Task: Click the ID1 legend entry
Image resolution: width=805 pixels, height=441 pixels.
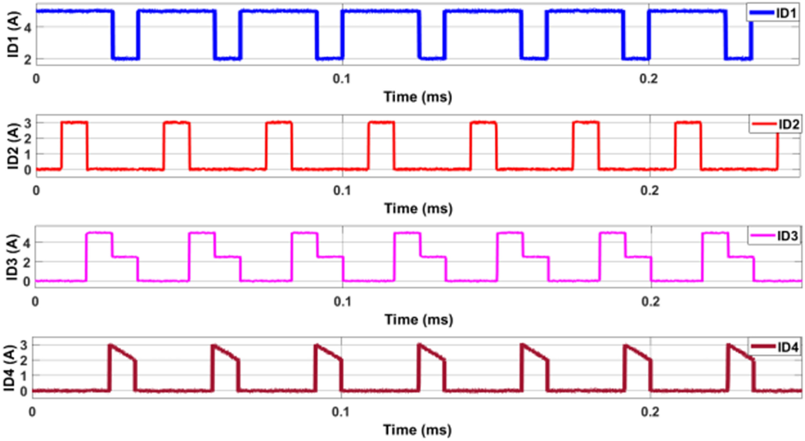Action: (x=774, y=13)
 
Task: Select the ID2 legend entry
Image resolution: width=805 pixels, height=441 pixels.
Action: (x=776, y=124)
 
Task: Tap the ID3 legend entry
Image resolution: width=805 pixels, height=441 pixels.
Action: (x=775, y=236)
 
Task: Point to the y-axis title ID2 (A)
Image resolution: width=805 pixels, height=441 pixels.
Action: (x=13, y=146)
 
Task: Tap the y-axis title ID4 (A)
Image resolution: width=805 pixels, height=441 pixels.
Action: (x=10, y=368)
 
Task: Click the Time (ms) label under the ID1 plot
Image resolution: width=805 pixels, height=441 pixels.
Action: (x=418, y=97)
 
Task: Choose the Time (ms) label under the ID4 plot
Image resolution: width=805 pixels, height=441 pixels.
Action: (x=418, y=430)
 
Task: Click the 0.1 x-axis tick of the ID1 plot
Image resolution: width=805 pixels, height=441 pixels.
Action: (x=342, y=79)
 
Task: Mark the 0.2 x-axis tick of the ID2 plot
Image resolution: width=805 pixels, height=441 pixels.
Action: (x=649, y=190)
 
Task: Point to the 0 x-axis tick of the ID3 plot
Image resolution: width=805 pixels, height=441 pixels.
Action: (x=35, y=301)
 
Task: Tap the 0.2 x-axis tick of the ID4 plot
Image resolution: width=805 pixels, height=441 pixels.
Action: (x=650, y=412)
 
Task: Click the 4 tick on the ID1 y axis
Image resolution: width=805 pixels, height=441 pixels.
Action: (x=28, y=27)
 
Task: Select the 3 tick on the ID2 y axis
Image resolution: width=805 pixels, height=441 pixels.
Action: (x=28, y=123)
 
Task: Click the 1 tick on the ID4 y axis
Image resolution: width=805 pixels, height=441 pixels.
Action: (x=24, y=376)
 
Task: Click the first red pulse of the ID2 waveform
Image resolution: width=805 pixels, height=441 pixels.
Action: (x=74, y=136)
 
